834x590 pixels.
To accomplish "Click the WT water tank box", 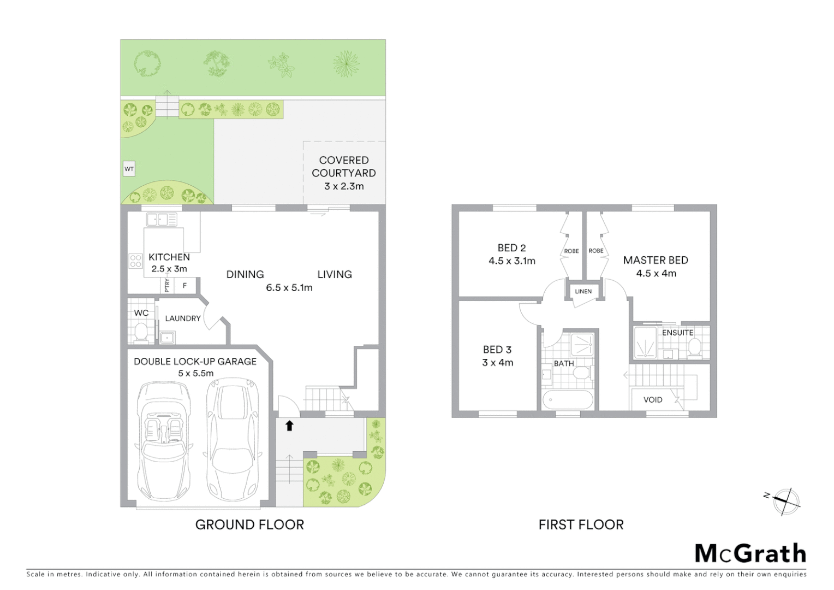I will point(129,169).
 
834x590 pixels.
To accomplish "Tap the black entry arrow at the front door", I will point(289,425).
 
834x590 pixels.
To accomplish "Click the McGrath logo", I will point(750,553).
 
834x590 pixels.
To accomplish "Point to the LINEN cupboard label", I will point(583,291).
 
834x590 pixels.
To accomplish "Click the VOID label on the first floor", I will point(653,400).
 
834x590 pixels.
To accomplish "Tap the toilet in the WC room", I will point(141,332).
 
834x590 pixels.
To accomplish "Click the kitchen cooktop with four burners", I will point(135,261).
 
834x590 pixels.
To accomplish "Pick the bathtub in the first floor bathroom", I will point(568,400).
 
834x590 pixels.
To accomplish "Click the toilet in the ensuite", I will point(694,346).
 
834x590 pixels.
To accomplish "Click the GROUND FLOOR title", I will point(249,524).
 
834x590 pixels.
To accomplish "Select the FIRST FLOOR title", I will point(581,524).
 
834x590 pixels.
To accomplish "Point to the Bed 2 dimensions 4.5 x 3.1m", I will point(512,261).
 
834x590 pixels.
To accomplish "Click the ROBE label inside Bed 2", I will point(571,251).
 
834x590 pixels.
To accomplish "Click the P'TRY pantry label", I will point(167,285).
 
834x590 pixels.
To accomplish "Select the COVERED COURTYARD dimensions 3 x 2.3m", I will point(344,186).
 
